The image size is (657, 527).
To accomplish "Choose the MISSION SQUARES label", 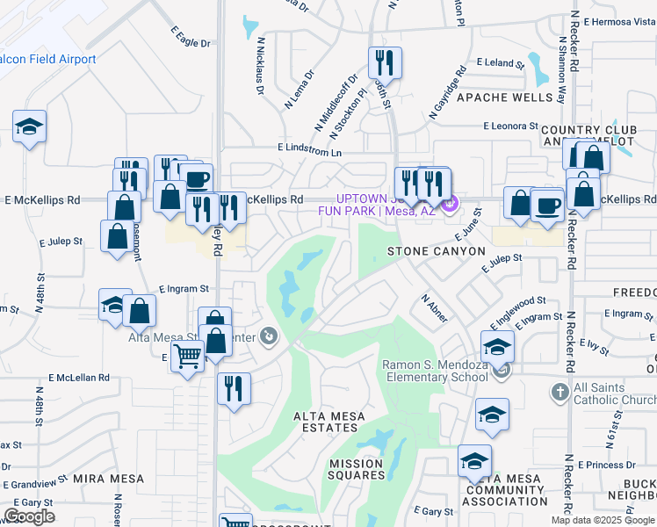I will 357,469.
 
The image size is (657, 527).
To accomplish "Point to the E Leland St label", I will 500,62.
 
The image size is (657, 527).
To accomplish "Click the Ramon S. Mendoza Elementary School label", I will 435,371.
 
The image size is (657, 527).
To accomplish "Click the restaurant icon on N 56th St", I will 385,63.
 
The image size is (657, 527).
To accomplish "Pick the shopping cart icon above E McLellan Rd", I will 187,357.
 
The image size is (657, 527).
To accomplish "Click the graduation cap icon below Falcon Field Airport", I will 29,127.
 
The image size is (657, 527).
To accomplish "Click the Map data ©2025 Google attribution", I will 603,520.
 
